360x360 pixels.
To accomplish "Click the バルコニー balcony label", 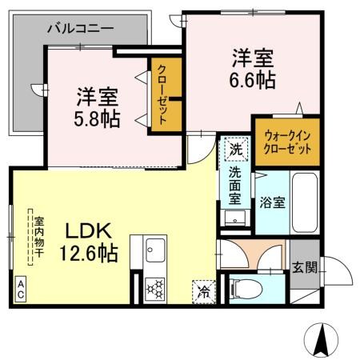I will pyautogui.click(x=80, y=28).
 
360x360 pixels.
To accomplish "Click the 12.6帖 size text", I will pyautogui.click(x=88, y=254).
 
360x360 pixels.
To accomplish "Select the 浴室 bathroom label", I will pyautogui.click(x=271, y=202).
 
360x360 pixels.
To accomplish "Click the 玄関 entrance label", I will pyautogui.click(x=303, y=267).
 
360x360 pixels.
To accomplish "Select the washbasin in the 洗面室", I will pyautogui.click(x=234, y=218).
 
